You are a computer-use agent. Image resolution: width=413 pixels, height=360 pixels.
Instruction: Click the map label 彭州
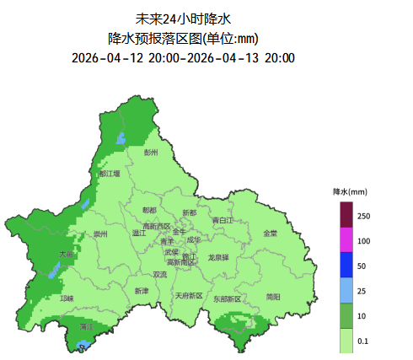click(151, 153)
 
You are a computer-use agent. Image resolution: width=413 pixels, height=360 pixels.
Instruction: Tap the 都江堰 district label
click(110, 173)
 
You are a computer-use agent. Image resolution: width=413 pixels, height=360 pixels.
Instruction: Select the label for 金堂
click(270, 234)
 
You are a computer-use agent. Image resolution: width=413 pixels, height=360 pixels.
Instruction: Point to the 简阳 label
click(273, 296)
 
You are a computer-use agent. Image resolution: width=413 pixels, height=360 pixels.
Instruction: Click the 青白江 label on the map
click(223, 220)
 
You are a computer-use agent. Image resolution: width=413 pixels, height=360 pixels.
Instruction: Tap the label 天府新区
click(188, 296)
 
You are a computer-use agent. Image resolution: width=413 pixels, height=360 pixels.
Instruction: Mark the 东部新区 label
click(227, 298)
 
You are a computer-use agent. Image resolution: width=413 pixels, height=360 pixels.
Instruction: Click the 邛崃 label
click(67, 298)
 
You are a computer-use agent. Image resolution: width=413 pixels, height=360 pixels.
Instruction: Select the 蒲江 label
click(86, 326)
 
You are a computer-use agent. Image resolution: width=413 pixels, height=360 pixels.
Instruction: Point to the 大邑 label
click(67, 254)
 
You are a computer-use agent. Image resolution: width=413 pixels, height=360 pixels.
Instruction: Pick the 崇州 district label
click(100, 234)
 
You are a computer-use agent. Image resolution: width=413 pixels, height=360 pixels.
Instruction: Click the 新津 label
click(141, 291)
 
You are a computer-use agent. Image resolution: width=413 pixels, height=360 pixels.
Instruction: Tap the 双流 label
click(160, 274)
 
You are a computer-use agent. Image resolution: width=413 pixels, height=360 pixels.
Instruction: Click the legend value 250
click(363, 217)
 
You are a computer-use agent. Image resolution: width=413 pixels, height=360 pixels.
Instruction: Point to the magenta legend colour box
click(346, 240)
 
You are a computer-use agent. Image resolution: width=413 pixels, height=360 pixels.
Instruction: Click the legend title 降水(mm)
click(351, 192)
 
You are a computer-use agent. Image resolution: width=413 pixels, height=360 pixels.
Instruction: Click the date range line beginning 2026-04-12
click(183, 58)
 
